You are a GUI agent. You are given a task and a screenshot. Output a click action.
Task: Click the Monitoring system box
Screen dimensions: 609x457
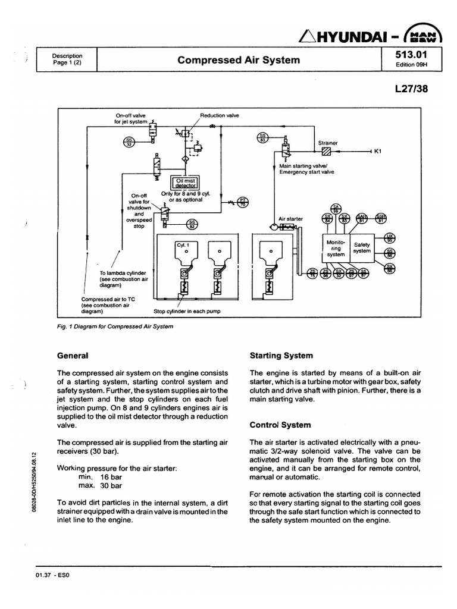(x=335, y=247)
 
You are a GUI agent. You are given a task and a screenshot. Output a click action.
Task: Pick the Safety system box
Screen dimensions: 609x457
(x=362, y=247)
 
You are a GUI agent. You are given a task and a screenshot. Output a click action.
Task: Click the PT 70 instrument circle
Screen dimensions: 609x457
(x=243, y=203)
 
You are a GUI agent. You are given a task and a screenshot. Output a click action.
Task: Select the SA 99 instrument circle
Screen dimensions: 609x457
(x=336, y=208)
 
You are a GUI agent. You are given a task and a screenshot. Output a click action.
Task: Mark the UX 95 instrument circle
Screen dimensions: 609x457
(x=390, y=238)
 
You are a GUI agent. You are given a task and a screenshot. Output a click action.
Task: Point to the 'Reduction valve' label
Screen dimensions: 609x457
(x=220, y=115)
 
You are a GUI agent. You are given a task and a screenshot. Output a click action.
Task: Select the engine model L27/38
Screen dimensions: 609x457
(x=410, y=88)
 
